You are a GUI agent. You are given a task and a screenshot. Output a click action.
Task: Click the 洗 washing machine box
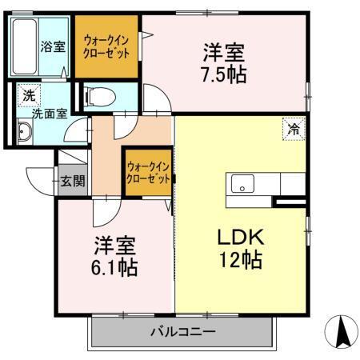click(29, 95)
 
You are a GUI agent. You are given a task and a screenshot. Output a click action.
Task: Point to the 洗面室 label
click(49, 113)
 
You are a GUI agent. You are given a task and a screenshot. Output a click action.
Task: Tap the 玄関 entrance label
click(73, 181)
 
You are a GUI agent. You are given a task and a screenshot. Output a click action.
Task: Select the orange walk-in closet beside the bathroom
click(107, 46)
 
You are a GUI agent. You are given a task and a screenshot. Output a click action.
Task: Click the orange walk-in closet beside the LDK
click(148, 173)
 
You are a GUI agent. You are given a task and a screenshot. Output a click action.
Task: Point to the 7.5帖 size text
click(224, 75)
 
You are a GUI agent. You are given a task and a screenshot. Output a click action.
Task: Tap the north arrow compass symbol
click(342, 332)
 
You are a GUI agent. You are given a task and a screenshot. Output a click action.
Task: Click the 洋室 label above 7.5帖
click(223, 53)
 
